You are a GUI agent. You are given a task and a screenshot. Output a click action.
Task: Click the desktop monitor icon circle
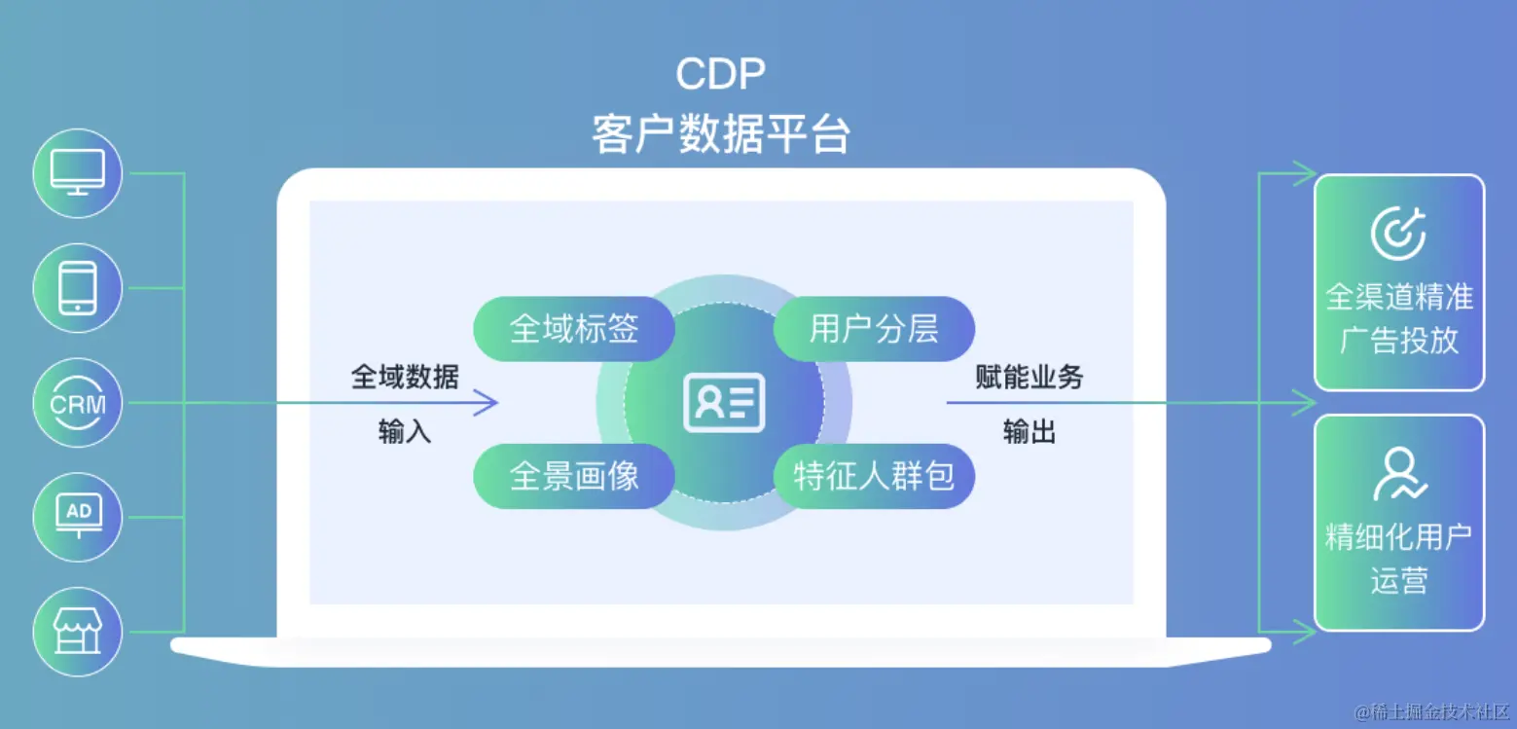(x=78, y=173)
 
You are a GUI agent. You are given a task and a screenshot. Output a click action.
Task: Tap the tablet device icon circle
(x=78, y=288)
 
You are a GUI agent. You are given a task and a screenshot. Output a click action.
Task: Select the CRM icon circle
(x=78, y=403)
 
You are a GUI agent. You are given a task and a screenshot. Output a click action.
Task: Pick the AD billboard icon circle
(x=78, y=517)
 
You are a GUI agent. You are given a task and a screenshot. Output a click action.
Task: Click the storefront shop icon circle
(x=78, y=632)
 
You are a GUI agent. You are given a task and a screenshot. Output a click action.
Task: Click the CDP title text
(x=720, y=75)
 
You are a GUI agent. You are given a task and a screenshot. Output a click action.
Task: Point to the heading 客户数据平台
(x=720, y=133)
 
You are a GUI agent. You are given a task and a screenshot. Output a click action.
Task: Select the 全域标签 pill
(x=574, y=329)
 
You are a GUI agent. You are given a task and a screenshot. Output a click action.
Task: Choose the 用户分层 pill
(x=874, y=329)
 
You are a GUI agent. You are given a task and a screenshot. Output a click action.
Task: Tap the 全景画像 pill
(x=574, y=475)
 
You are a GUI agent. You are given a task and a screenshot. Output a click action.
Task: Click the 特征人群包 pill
(x=874, y=475)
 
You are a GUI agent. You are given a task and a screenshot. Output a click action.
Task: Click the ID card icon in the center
(x=724, y=402)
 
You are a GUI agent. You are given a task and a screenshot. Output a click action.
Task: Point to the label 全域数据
(x=405, y=377)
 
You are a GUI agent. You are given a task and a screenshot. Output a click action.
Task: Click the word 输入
(x=405, y=431)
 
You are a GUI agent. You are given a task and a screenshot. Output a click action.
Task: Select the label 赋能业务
(x=1029, y=377)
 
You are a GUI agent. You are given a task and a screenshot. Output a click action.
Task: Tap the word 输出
(x=1029, y=431)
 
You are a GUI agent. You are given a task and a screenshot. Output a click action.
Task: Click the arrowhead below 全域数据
(x=487, y=402)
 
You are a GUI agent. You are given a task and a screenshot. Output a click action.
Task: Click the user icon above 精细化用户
(x=1398, y=474)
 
